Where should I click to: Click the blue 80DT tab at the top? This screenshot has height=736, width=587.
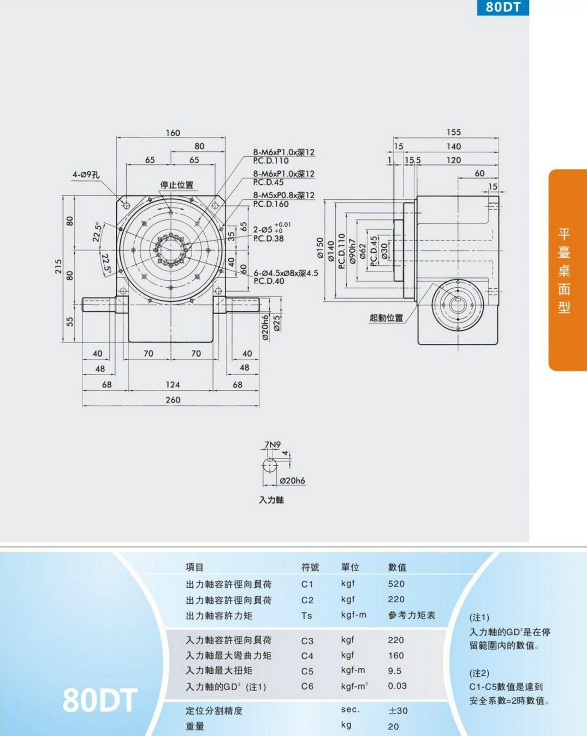[x=503, y=8]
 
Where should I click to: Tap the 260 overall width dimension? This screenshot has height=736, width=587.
[x=173, y=400]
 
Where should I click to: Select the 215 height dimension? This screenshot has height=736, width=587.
[x=58, y=266]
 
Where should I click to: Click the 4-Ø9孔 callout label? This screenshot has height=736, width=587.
[x=86, y=175]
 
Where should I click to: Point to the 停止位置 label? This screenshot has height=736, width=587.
[x=177, y=185]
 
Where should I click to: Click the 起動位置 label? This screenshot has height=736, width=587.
[x=386, y=318]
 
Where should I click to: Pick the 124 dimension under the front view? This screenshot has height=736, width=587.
[x=173, y=384]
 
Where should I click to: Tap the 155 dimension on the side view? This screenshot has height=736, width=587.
[x=454, y=132]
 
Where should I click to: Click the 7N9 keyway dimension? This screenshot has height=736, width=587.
[x=272, y=444]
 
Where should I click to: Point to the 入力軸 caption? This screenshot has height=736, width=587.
[x=271, y=500]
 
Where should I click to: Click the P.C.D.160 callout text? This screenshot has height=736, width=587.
[x=271, y=204]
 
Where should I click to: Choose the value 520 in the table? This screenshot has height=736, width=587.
[x=396, y=584]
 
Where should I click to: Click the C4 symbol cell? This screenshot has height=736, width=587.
[x=307, y=656]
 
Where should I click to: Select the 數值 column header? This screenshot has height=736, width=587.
[x=397, y=567]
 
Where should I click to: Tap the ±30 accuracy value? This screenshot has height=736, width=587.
[x=398, y=711]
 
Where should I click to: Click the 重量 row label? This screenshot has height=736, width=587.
[x=195, y=726]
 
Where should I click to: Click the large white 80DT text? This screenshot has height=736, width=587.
[x=99, y=700]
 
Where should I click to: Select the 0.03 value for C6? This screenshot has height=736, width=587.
[x=397, y=686]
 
